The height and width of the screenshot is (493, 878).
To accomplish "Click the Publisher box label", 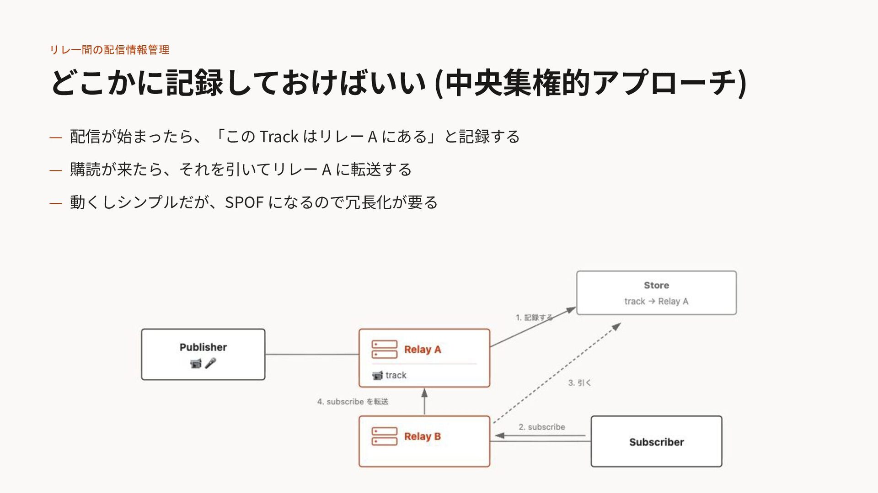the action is pyautogui.click(x=203, y=347).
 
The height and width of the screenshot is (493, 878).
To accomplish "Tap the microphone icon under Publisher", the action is pyautogui.click(x=210, y=363).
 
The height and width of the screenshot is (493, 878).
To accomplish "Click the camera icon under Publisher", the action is pyautogui.click(x=196, y=364).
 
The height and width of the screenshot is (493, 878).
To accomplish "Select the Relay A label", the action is pyautogui.click(x=423, y=350).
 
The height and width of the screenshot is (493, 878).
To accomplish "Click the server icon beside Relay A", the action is pyautogui.click(x=384, y=350).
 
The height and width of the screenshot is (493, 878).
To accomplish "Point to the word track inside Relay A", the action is pyautogui.click(x=396, y=375).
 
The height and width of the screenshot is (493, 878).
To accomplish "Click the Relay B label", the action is pyautogui.click(x=423, y=436).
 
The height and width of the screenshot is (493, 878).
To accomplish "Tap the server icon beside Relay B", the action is pyautogui.click(x=384, y=436).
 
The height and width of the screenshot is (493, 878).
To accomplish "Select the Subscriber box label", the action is pyautogui.click(x=657, y=442).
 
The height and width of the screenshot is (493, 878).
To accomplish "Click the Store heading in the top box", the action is pyautogui.click(x=657, y=285).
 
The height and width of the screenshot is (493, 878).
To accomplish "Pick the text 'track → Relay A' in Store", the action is pyautogui.click(x=656, y=301).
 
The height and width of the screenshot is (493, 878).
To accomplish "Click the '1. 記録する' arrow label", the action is pyautogui.click(x=534, y=318).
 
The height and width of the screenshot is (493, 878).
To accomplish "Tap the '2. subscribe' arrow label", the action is pyautogui.click(x=542, y=427).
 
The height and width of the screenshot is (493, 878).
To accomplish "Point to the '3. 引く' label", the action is pyautogui.click(x=579, y=383).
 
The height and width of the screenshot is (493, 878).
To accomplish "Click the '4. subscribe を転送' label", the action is pyautogui.click(x=353, y=402).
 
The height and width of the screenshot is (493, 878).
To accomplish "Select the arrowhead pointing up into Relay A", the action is pyautogui.click(x=424, y=392).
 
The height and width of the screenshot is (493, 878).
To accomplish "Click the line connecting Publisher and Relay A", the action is pyautogui.click(x=312, y=355).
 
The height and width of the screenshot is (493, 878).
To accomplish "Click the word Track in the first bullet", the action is pyautogui.click(x=279, y=137).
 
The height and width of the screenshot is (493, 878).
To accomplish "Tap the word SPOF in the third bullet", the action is pyautogui.click(x=244, y=202).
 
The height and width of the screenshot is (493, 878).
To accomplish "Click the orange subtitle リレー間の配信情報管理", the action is pyautogui.click(x=109, y=49).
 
